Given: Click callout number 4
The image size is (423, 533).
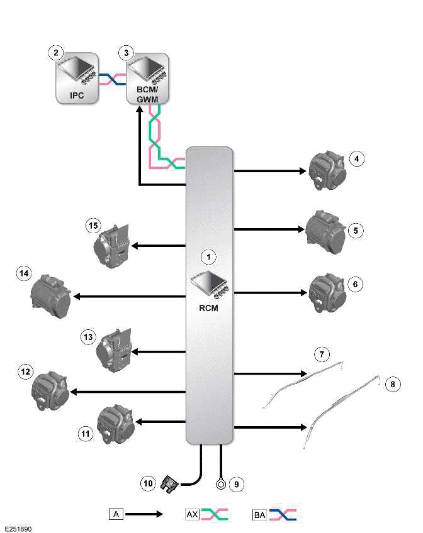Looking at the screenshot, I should (x=357, y=159).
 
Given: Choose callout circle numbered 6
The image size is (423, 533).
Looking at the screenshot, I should (x=356, y=284).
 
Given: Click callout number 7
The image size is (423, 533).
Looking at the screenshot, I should (x=321, y=355).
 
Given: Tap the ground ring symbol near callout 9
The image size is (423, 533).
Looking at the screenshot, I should (x=221, y=485).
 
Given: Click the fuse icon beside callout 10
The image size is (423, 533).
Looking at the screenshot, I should (x=169, y=484).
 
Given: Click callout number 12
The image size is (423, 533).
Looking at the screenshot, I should (x=26, y=372).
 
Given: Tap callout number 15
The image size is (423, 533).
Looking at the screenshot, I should (x=93, y=225).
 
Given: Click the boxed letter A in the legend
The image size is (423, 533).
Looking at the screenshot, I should (x=115, y=514).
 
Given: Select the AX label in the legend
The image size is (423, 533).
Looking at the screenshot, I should (x=192, y=514).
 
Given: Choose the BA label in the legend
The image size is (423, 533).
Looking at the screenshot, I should (x=259, y=514).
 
